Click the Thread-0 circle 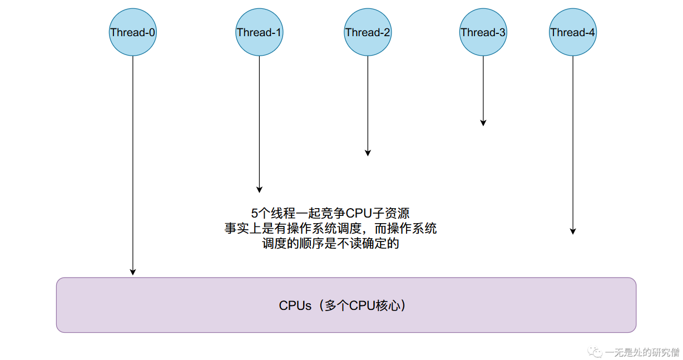[x=132, y=32]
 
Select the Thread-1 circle [x=259, y=32]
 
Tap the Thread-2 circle [x=368, y=32]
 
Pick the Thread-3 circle [x=483, y=32]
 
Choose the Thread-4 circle [x=572, y=32]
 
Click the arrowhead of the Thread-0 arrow [x=132, y=272]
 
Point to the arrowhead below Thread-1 [x=259, y=189]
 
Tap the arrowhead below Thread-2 [x=368, y=152]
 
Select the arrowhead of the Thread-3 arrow [x=483, y=122]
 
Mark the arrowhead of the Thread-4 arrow [x=572, y=231]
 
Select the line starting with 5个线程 [x=330, y=213]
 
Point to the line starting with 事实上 [x=330, y=229]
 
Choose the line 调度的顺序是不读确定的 [x=330, y=244]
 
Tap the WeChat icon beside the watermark [x=596, y=352]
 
